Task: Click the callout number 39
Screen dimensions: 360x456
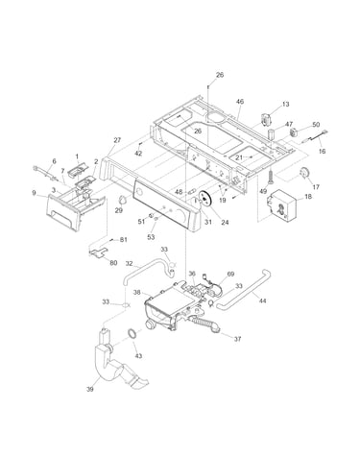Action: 90,389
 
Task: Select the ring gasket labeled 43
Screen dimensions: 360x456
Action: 132,333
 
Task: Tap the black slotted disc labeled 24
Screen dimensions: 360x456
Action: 204,199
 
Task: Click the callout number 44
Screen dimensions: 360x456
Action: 262,300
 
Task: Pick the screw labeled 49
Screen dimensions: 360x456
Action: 271,176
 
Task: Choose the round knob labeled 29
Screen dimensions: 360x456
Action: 122,200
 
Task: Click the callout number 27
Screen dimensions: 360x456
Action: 117,140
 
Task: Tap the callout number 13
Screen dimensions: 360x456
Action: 286,104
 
